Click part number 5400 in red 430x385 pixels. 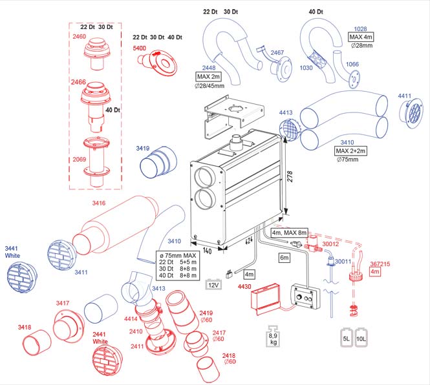140,48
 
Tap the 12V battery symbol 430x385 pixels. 213,284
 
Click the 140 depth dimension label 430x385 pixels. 207,250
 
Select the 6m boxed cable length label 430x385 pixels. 285,257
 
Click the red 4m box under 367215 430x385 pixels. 375,272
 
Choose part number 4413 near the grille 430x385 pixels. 286,113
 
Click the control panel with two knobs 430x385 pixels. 303,299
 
